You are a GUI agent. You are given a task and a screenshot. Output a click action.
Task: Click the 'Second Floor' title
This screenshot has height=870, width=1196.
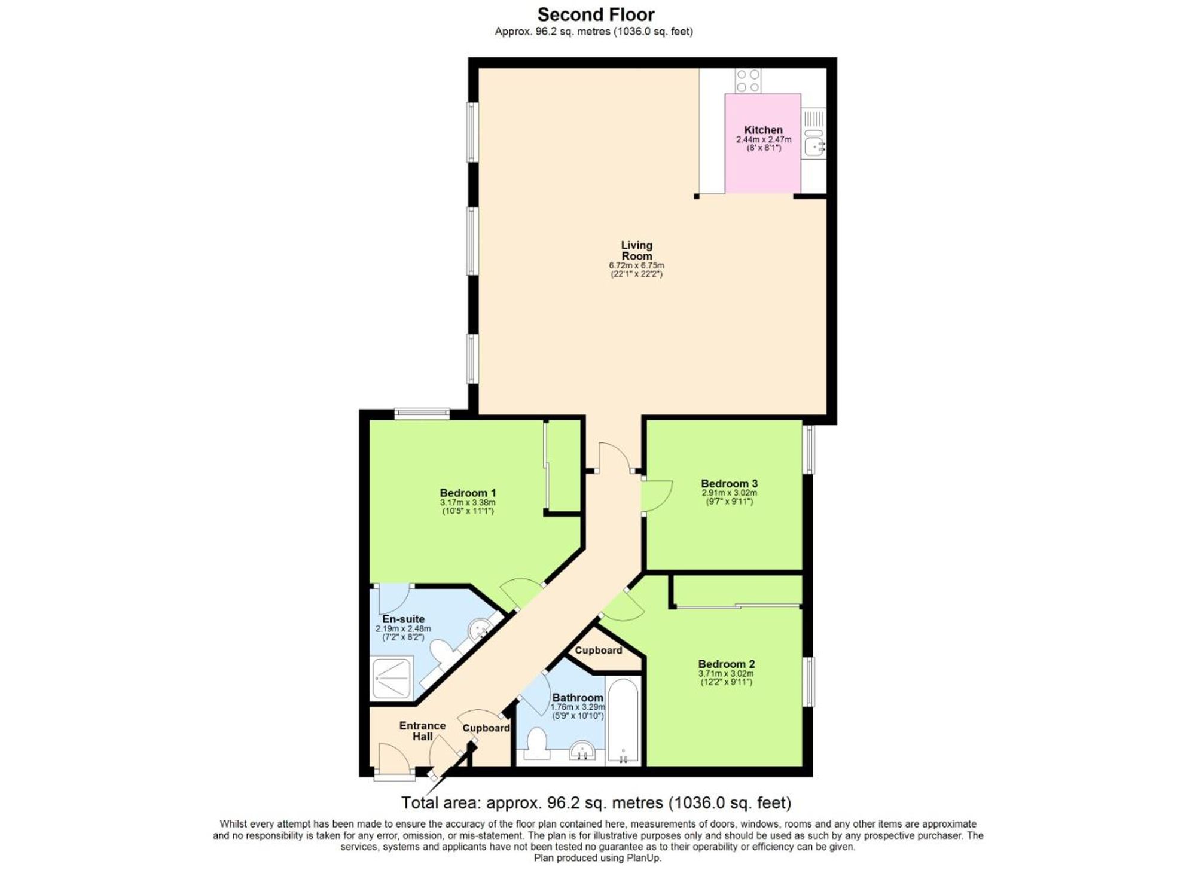coord(596,14)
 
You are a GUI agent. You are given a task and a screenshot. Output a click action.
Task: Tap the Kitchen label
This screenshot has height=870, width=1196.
coord(763,130)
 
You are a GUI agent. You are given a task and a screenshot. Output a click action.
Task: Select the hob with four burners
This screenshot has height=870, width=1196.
coord(747,81)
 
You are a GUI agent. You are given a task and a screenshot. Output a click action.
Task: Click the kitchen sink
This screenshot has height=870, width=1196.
coord(814,144)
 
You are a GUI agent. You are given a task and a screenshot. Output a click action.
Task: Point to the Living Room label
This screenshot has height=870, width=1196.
coord(636,250)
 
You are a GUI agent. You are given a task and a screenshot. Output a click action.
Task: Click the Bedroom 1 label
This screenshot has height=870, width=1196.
coord(468,493)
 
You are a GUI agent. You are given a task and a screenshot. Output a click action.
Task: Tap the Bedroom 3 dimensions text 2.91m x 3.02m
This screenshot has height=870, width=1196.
coord(729,493)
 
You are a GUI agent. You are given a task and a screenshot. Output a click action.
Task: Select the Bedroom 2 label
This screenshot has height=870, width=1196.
coord(726,664)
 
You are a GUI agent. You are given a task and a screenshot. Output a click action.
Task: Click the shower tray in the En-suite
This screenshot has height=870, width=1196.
coord(392,678)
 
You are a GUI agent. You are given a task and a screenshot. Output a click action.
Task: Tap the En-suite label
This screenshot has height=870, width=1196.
coord(404,619)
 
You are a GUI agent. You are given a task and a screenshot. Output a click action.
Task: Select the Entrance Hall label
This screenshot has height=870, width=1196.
coord(422,731)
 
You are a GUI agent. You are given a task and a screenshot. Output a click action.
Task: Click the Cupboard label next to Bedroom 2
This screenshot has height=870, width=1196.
coord(598,650)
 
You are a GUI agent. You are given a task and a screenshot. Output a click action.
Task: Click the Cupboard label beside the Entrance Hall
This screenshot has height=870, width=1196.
coord(486,728)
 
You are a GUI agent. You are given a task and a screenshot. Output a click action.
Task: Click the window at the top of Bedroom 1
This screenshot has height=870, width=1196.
coord(422,413)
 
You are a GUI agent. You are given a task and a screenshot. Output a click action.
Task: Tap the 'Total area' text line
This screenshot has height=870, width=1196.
coord(596,802)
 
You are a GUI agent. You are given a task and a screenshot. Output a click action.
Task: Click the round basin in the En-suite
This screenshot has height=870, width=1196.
coord(480,628)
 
